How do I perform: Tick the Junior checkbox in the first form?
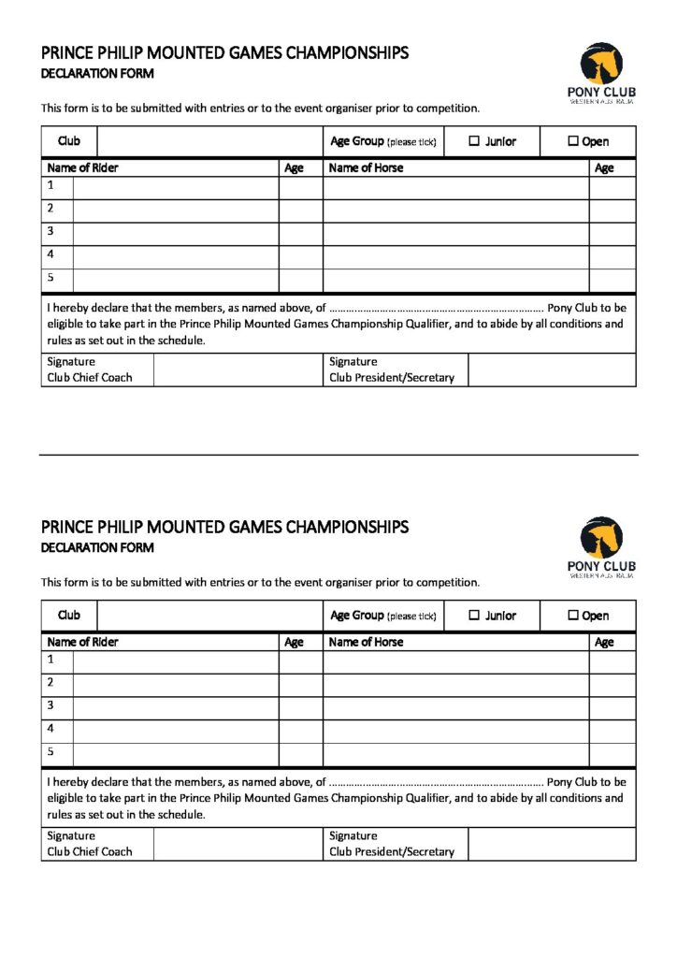pyautogui.click(x=473, y=141)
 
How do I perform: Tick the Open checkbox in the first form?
pyautogui.click(x=573, y=141)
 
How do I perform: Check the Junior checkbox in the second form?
pyautogui.click(x=473, y=616)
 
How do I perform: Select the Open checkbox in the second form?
pyautogui.click(x=573, y=616)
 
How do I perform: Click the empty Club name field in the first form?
pyautogui.click(x=209, y=141)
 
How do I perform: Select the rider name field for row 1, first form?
pyautogui.click(x=176, y=187)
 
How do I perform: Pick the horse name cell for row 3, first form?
pyautogui.click(x=455, y=233)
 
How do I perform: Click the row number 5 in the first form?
pyautogui.click(x=51, y=278)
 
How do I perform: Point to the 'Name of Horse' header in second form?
pyautogui.click(x=367, y=642)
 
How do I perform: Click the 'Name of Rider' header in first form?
pyautogui.click(x=82, y=168)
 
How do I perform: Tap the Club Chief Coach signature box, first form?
pyautogui.click(x=238, y=370)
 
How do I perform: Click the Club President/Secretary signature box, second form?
pyautogui.click(x=552, y=844)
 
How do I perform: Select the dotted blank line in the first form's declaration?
pyautogui.click(x=436, y=308)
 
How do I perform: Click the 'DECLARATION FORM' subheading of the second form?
pyautogui.click(x=97, y=547)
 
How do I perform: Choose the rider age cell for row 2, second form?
pyautogui.click(x=300, y=685)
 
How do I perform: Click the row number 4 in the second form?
pyautogui.click(x=51, y=729)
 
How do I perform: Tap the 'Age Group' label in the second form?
pyautogui.click(x=356, y=616)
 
